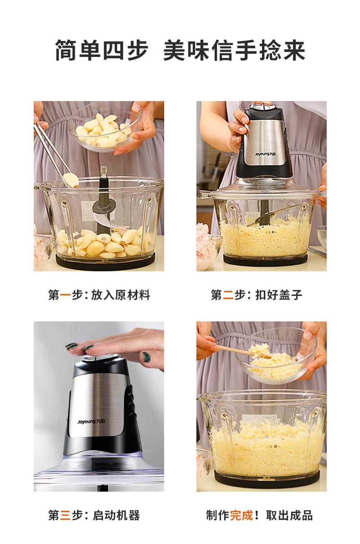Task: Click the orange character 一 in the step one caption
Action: click(x=65, y=295)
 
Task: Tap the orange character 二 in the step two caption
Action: click(x=228, y=295)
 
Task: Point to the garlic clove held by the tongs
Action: click(x=71, y=180)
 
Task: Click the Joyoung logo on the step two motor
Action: click(x=265, y=154)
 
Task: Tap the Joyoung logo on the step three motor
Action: click(x=91, y=421)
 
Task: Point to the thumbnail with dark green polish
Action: click(x=146, y=357)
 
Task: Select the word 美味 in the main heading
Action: click(x=186, y=50)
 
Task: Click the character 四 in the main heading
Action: click(x=113, y=50)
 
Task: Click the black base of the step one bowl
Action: click(x=105, y=261)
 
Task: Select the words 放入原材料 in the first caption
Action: click(x=121, y=295)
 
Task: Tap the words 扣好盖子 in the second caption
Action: click(x=279, y=295)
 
